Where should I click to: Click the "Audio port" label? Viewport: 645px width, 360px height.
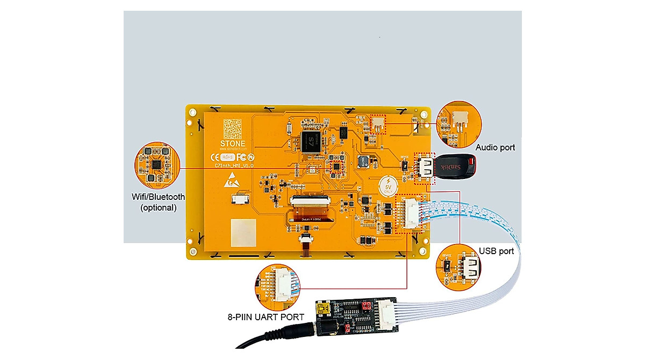point(495,147)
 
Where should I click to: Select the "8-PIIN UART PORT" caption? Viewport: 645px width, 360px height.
point(266,317)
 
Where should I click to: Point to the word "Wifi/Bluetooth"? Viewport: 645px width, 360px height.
point(159,197)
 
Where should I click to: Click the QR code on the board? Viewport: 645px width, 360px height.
point(234,129)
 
